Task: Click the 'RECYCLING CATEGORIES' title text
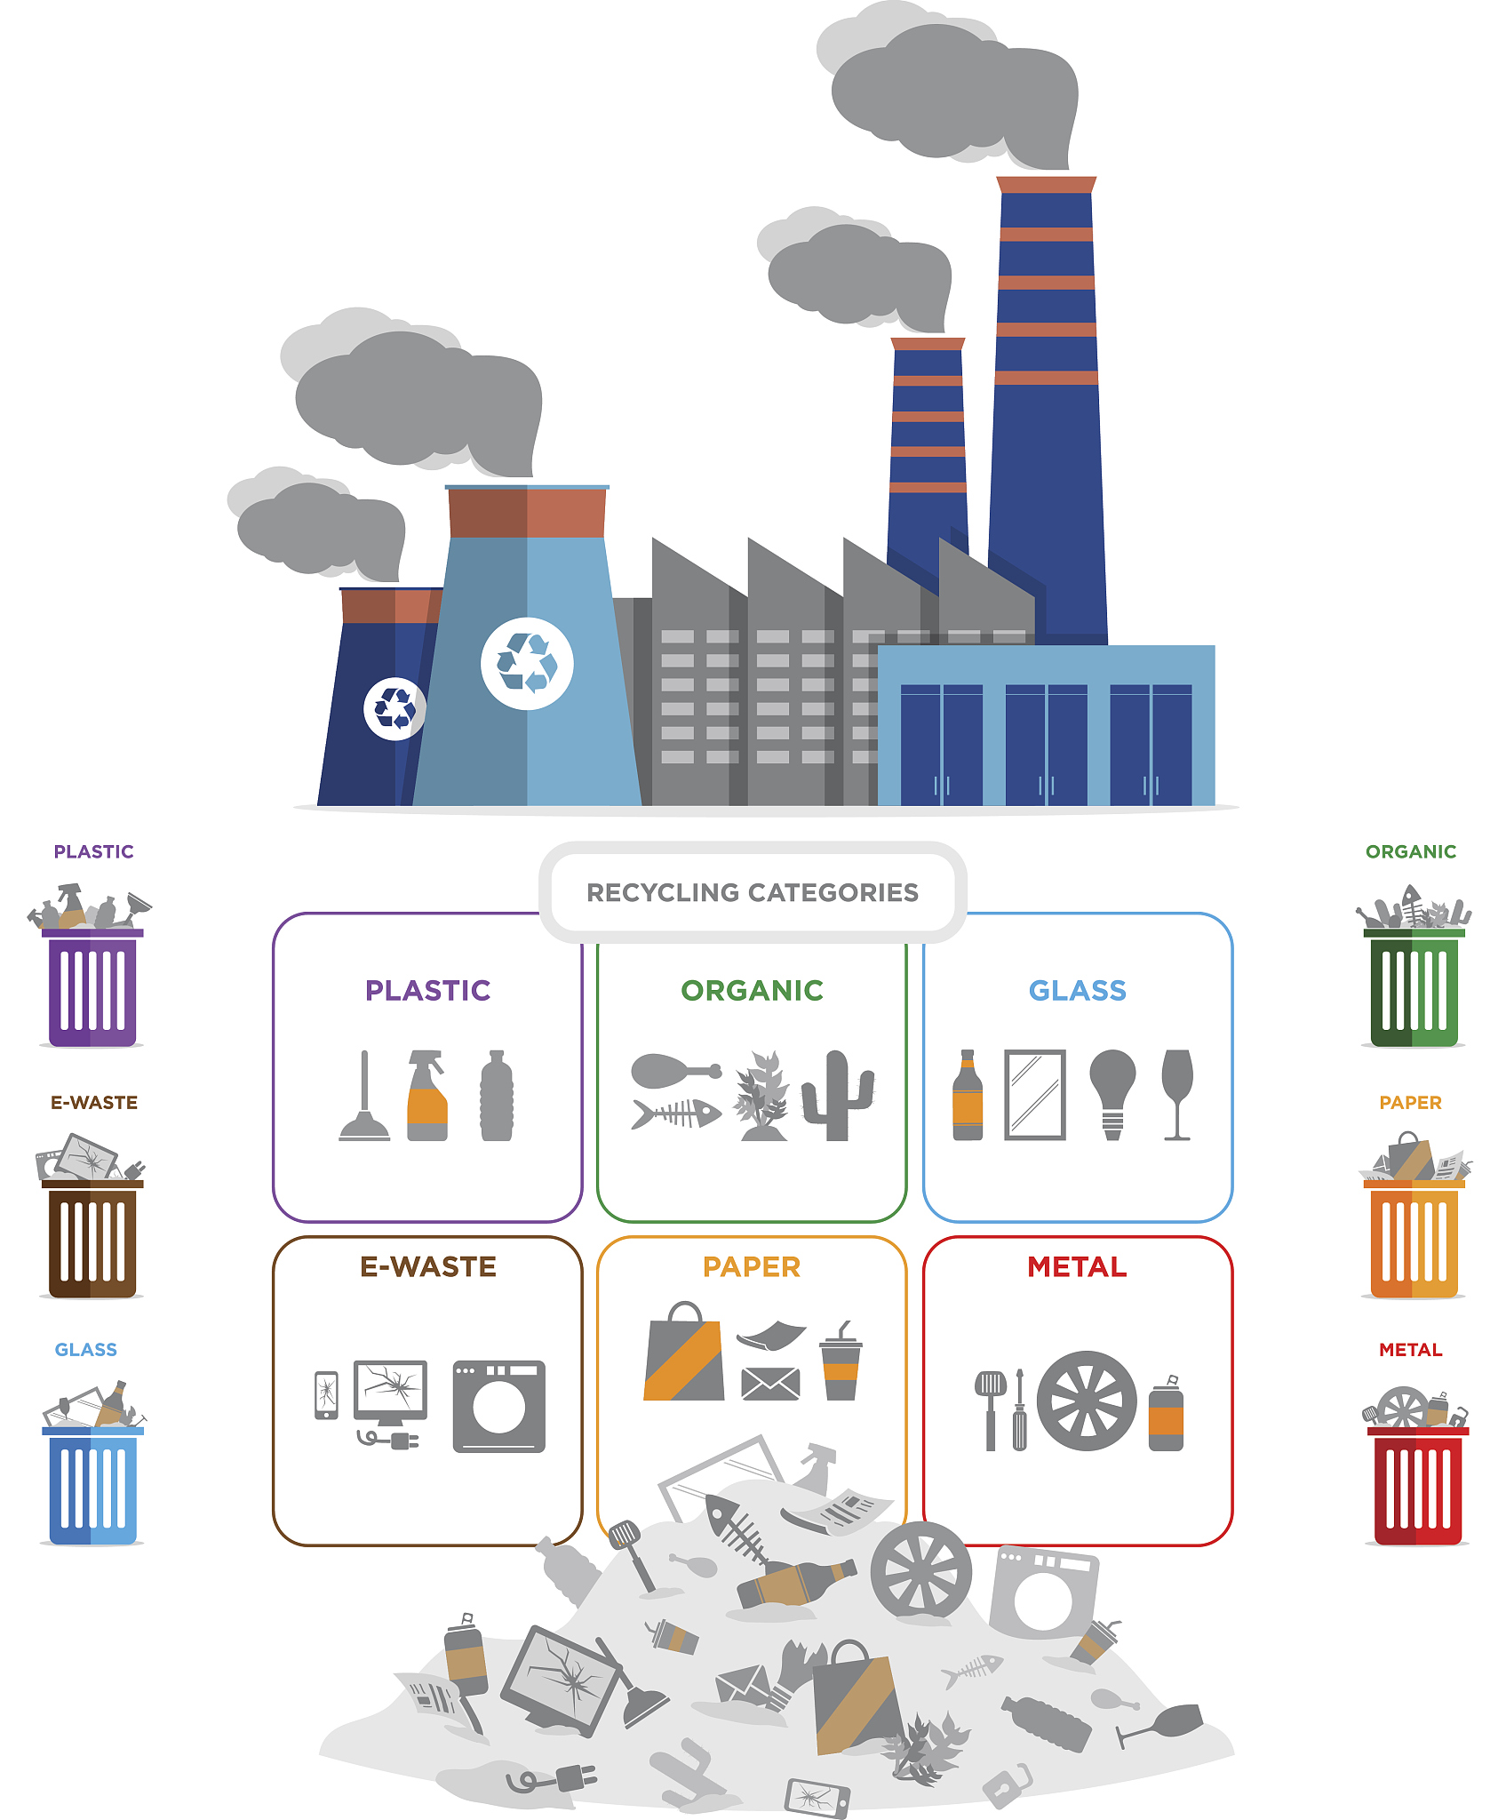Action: pos(752,892)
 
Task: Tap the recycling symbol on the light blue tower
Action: pos(527,663)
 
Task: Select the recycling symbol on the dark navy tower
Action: pos(394,708)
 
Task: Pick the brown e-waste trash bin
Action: pos(92,1239)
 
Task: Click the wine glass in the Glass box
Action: pos(1177,1093)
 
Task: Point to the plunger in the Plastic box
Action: pos(364,1098)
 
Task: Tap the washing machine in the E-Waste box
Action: pos(498,1406)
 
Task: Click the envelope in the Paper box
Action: pos(770,1384)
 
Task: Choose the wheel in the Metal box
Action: pos(1086,1401)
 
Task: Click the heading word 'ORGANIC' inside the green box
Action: pos(752,990)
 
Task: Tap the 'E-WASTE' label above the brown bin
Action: pos(94,1102)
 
